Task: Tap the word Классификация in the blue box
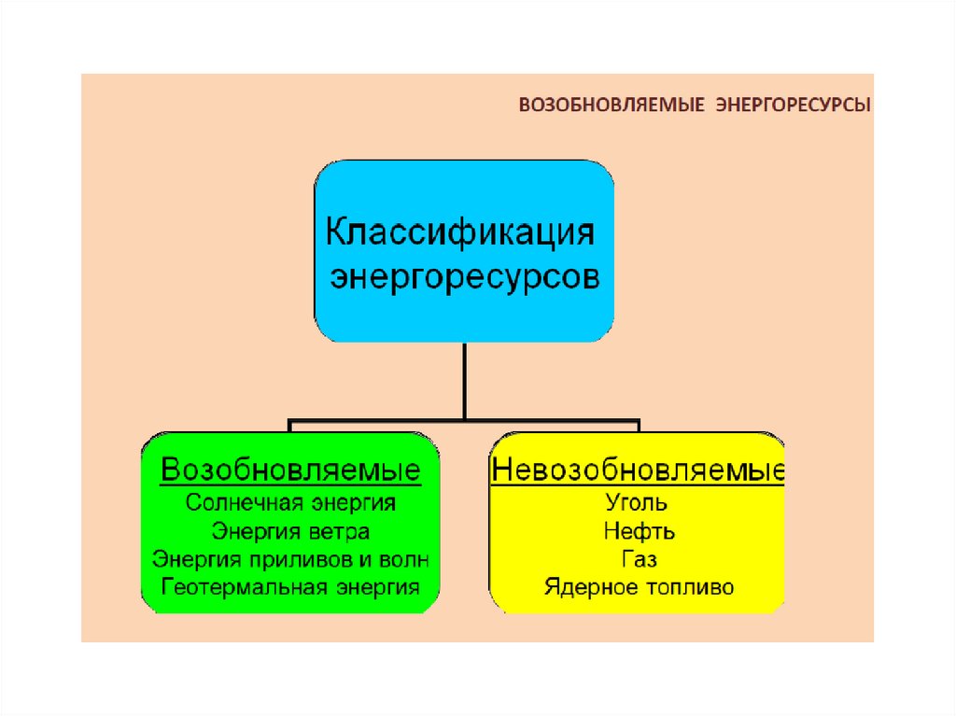pyautogui.click(x=458, y=231)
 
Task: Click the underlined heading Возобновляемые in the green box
pyautogui.click(x=290, y=470)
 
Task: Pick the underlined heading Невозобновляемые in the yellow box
pyautogui.click(x=638, y=470)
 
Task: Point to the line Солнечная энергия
pyautogui.click(x=290, y=502)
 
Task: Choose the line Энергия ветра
pyautogui.click(x=290, y=531)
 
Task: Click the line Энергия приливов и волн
pyautogui.click(x=290, y=559)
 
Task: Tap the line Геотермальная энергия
pyautogui.click(x=290, y=587)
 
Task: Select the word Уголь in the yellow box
pyautogui.click(x=637, y=504)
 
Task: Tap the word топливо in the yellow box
pyautogui.click(x=691, y=588)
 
